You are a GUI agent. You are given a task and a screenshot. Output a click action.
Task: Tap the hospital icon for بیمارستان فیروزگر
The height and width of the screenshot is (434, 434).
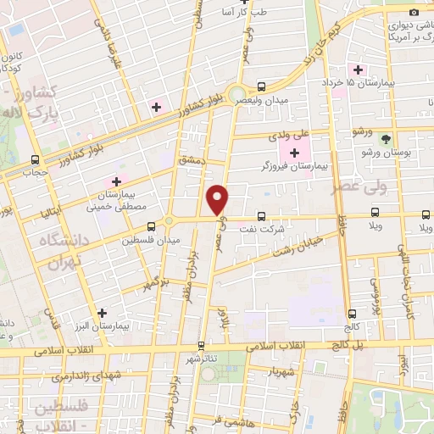click(295, 153)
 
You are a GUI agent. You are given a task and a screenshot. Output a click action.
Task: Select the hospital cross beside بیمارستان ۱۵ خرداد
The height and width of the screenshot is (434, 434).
click(358, 70)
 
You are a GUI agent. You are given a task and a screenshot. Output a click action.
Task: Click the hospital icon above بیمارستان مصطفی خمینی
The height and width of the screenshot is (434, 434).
click(116, 181)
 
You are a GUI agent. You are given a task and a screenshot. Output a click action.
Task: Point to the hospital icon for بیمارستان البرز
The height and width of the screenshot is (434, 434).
click(103, 313)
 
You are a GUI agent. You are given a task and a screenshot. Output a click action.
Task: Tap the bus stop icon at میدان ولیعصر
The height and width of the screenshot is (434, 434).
click(261, 86)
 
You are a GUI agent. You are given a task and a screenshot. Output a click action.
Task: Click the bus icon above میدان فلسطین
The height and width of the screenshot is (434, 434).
click(151, 226)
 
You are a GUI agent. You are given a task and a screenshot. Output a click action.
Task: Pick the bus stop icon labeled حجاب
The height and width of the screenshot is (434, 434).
click(35, 159)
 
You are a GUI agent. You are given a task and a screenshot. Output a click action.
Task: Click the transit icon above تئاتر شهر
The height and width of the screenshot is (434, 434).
click(201, 345)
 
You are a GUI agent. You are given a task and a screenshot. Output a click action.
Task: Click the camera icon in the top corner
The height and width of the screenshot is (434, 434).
click(414, 12)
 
